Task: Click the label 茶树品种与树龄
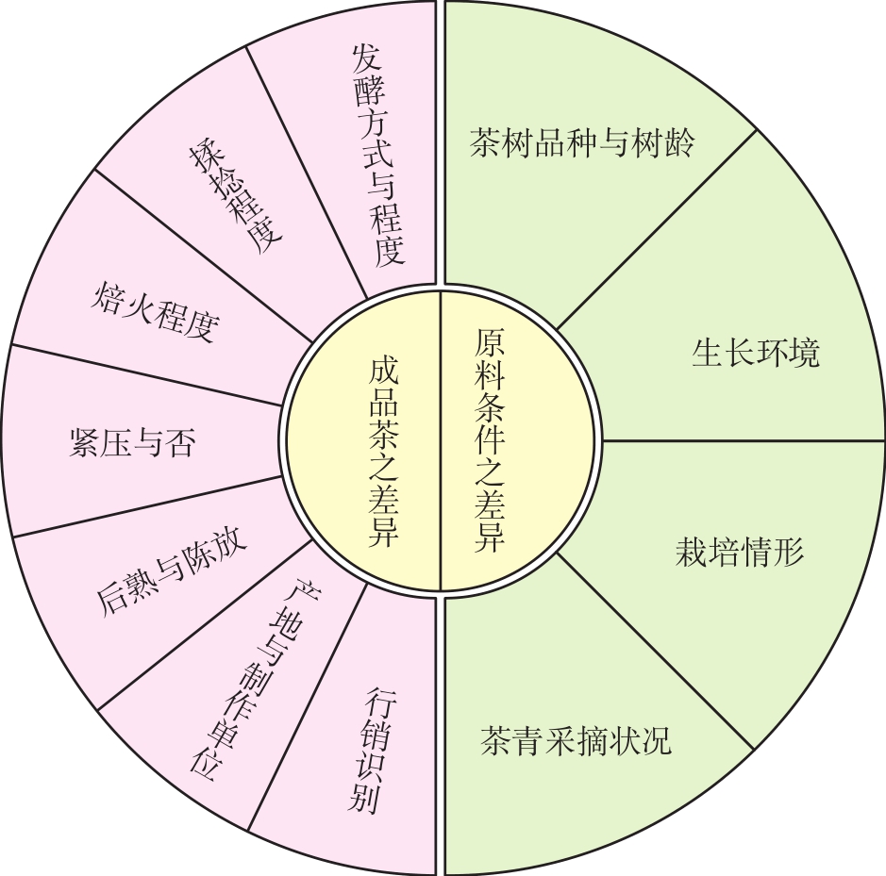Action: coord(581,144)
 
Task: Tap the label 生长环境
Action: coord(755,353)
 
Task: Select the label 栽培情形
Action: coord(739,551)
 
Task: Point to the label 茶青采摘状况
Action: coord(576,740)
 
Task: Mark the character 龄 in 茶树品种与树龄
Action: coord(677,144)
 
